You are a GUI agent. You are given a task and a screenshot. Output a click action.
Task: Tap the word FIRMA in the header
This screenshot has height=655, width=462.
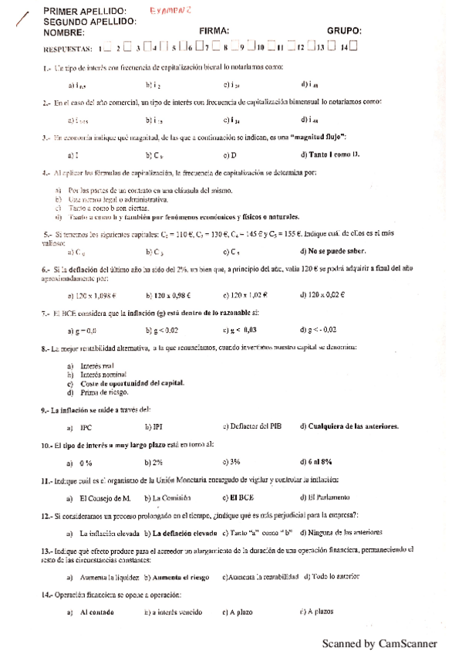click(x=215, y=31)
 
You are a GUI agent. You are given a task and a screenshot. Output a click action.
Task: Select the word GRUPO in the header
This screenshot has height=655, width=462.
click(x=344, y=31)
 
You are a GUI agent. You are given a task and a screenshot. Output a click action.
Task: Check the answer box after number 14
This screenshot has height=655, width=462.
click(x=352, y=48)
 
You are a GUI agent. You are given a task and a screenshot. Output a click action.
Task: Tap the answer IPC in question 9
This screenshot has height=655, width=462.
click(x=86, y=426)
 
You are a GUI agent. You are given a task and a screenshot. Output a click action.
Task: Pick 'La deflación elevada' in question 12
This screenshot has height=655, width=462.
click(x=184, y=533)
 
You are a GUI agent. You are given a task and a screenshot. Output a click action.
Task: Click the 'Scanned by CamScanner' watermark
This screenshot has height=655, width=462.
click(x=379, y=643)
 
